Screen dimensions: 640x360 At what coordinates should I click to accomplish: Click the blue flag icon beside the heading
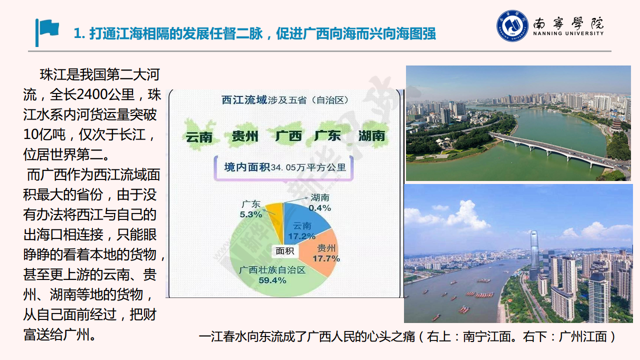click(x=47, y=32)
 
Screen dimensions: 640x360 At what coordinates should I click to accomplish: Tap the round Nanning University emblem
click(x=512, y=26)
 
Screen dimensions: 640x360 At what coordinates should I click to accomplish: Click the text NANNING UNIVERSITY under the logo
click(x=568, y=33)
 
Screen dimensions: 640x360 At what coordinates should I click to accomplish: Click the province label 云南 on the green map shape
click(x=199, y=137)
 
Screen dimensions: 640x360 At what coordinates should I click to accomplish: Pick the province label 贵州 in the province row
click(x=245, y=136)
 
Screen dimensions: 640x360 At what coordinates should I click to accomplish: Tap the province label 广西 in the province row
click(x=288, y=136)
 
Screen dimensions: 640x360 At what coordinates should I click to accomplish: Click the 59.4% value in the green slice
click(x=272, y=280)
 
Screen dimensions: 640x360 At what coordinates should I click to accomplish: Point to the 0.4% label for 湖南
click(x=319, y=207)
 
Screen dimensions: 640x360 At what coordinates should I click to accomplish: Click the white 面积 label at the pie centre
click(x=285, y=251)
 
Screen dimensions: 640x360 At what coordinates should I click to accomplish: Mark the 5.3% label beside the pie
click(x=250, y=214)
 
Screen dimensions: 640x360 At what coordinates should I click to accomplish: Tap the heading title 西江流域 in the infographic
click(x=244, y=100)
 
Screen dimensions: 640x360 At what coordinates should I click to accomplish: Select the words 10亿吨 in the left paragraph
click(x=44, y=134)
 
